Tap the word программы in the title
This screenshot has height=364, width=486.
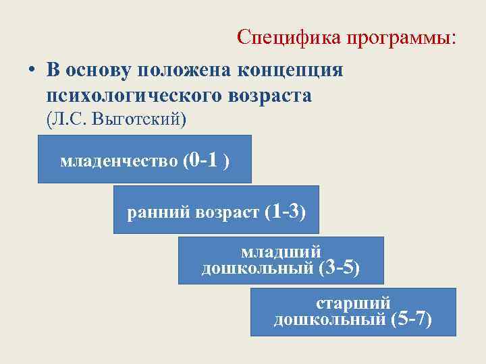point(402,38)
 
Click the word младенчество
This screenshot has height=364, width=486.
point(119,162)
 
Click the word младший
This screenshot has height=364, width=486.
point(281,253)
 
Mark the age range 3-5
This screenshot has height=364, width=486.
point(337,268)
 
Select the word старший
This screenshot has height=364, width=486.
point(353,303)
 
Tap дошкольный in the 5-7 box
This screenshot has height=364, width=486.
point(330,319)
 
